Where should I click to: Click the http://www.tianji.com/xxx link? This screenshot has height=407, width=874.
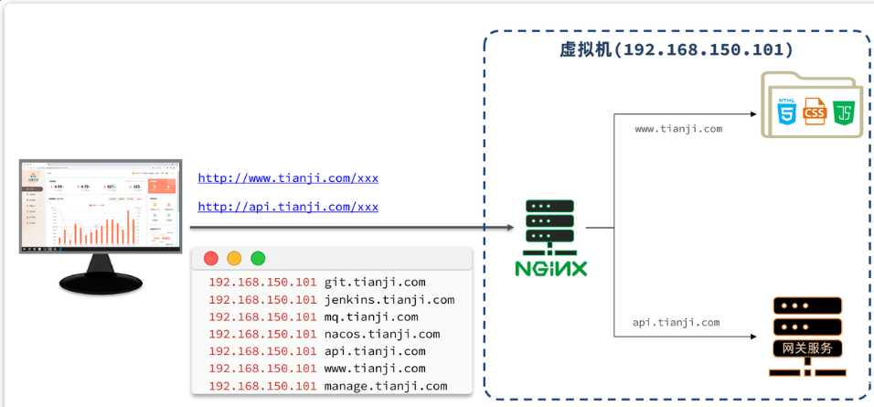click(x=288, y=178)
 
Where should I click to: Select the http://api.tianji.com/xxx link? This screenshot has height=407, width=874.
click(x=288, y=208)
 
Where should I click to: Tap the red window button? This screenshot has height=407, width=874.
click(x=211, y=259)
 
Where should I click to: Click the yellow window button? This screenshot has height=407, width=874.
click(x=234, y=259)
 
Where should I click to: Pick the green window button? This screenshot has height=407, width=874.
click(x=258, y=259)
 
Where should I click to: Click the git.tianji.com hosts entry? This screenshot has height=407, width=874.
click(x=374, y=283)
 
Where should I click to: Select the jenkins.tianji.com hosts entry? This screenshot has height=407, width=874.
click(x=389, y=300)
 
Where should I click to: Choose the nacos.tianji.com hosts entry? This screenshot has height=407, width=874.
click(x=381, y=335)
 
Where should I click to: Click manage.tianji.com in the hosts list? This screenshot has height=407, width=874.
click(x=385, y=387)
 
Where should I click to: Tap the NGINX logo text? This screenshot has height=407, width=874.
click(x=550, y=269)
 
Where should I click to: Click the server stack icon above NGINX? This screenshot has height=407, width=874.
click(x=549, y=225)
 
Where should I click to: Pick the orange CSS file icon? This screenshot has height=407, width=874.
click(x=815, y=112)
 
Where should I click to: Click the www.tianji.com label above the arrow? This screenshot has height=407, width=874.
click(x=678, y=130)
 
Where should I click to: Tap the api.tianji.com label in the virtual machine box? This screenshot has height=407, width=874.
click(x=676, y=323)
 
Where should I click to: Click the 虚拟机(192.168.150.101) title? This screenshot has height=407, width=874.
click(x=676, y=49)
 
